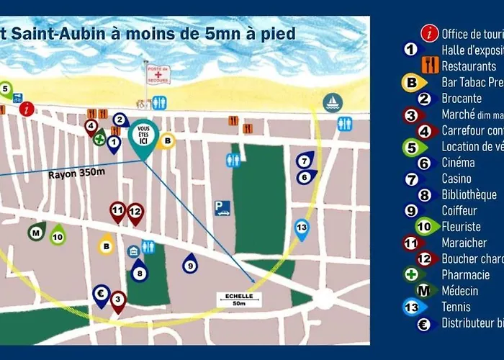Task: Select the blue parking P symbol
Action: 222,208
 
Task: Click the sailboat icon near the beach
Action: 333,102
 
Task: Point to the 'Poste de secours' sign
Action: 158,74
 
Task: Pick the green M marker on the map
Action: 35,232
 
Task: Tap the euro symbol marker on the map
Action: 102,294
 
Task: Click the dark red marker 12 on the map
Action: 135,212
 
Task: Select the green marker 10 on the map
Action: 58,236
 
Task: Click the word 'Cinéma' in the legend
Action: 458,163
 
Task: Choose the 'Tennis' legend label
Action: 456,307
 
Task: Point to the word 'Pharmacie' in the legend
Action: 465,274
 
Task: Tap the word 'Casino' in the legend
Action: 456,179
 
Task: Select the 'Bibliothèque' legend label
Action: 469,194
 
